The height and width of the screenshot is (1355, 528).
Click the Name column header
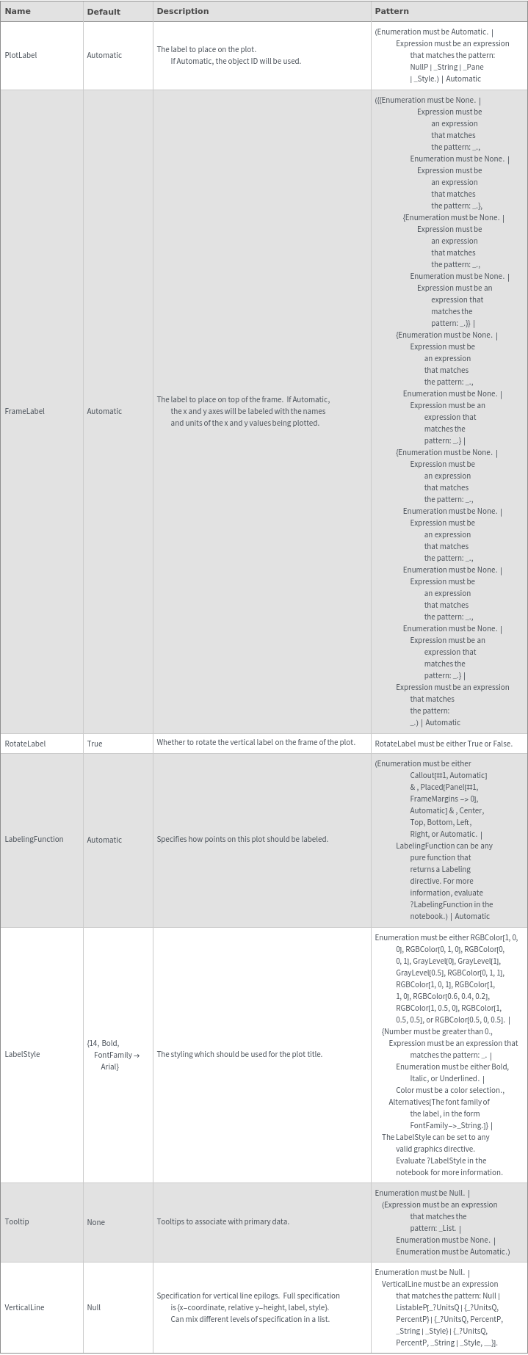click(18, 11)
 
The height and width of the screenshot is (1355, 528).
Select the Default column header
click(104, 12)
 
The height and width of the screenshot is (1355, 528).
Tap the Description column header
click(183, 11)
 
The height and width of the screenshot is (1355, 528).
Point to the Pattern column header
click(391, 11)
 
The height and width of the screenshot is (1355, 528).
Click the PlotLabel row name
click(21, 55)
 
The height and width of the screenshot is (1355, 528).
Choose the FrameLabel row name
click(24, 411)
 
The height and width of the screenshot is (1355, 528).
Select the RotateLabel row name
click(25, 744)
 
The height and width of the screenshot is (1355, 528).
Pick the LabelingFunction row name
click(34, 839)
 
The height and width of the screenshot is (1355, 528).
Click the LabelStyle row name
click(22, 1054)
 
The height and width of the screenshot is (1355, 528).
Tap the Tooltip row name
click(17, 1221)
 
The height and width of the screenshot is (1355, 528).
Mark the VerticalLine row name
click(24, 1307)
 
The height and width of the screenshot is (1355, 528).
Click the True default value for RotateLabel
click(95, 744)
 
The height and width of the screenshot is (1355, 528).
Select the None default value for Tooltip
click(95, 1222)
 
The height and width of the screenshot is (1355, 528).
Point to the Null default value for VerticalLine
click(94, 1307)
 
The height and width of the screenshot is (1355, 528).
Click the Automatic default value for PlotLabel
click(104, 55)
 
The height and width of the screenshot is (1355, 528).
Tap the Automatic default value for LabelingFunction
click(104, 840)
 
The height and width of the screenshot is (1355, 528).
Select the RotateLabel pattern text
click(444, 744)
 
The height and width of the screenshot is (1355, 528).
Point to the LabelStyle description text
click(239, 1054)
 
